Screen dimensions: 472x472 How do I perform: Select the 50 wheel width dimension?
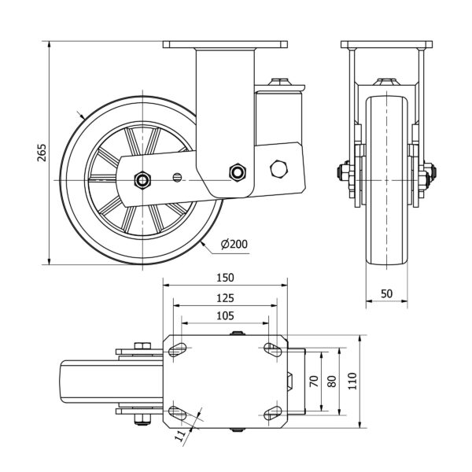386,293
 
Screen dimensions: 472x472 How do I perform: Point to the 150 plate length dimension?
225,278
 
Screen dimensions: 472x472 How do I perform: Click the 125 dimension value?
225,298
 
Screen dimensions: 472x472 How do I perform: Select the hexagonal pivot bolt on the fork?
237,172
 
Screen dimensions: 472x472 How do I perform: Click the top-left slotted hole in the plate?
178,349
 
